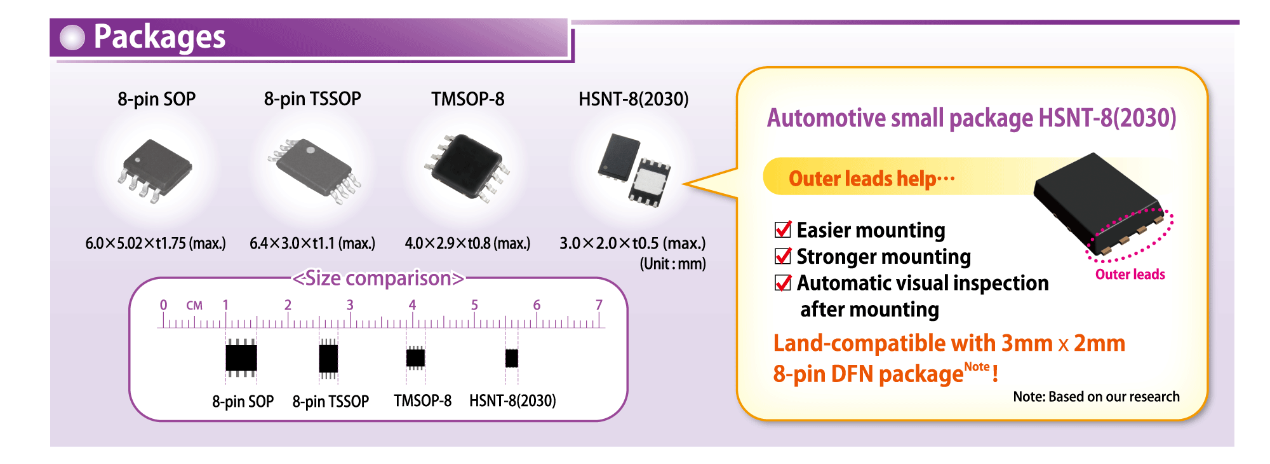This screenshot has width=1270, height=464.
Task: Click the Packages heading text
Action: [x=159, y=37]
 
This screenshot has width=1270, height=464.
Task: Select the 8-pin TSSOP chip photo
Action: [x=314, y=170]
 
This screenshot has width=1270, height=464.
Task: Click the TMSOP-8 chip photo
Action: [x=467, y=167]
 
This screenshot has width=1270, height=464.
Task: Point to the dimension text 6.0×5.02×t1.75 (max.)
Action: [x=156, y=243]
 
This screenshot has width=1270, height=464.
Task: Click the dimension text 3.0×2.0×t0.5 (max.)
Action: [x=632, y=243]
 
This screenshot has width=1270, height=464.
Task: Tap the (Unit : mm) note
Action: [x=672, y=264]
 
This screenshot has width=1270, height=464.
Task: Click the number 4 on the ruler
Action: [x=412, y=305]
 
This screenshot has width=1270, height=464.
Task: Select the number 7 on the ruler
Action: [x=599, y=305]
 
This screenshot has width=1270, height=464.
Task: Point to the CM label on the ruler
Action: [x=194, y=306]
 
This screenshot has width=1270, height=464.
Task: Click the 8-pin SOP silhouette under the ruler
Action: [x=241, y=358]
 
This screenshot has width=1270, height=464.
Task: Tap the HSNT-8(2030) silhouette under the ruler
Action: [x=512, y=358]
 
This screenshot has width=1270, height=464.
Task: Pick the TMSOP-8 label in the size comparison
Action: [x=422, y=401]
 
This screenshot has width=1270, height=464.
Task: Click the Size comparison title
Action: [x=378, y=278]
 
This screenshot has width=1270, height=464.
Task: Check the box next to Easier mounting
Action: [x=783, y=229]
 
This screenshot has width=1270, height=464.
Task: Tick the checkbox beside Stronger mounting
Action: [x=783, y=256]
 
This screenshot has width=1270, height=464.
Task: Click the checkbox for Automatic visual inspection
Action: [x=783, y=283]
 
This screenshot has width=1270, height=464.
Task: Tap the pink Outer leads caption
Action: [x=1130, y=275]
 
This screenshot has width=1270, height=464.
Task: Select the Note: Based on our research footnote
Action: [x=1096, y=397]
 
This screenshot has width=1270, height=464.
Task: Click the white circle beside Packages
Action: [x=72, y=38]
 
